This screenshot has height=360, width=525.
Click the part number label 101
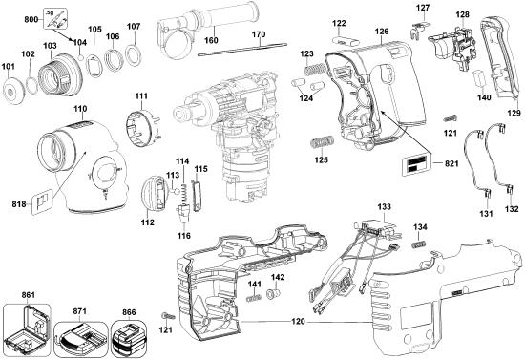click(10, 67)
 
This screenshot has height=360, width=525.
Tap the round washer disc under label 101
click(15, 93)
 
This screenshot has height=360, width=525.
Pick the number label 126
click(382, 32)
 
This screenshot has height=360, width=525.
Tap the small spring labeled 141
click(254, 298)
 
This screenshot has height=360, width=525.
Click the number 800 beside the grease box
click(31, 19)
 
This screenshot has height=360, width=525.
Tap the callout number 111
click(140, 98)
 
